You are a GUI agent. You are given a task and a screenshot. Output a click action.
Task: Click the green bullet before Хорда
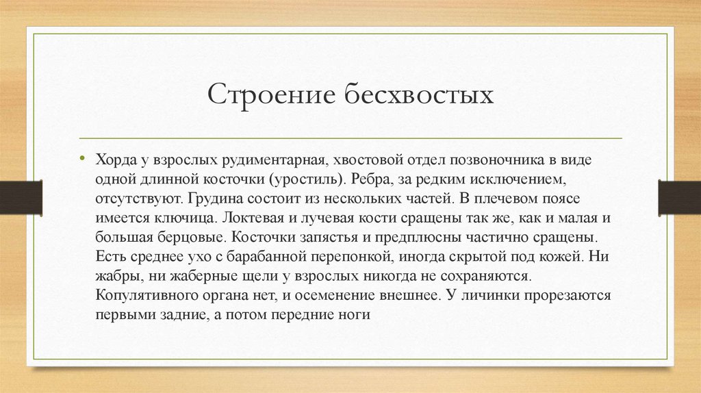[x=81, y=159]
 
